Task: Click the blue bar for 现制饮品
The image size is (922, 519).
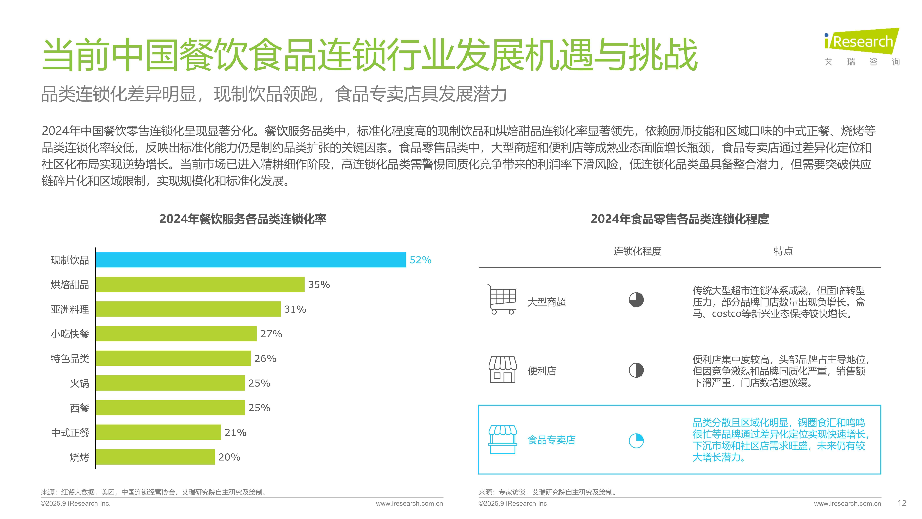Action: coord(251,260)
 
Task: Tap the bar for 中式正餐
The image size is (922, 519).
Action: coord(158,432)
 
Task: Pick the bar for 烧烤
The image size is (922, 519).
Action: coord(155,457)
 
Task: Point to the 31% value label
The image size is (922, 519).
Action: coord(295,309)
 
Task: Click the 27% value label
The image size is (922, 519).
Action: coord(271,334)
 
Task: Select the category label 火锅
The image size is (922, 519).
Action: coord(79,383)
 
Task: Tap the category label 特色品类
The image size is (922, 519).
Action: coord(70,358)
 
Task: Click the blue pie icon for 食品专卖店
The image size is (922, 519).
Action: coord(636,441)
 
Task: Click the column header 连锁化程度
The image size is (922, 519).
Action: coord(637,251)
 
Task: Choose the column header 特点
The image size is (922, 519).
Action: coord(783,251)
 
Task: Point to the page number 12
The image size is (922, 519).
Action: coord(902,503)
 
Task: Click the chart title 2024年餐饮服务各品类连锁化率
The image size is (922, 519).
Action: coord(243,219)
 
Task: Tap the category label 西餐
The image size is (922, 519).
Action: coord(79,408)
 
